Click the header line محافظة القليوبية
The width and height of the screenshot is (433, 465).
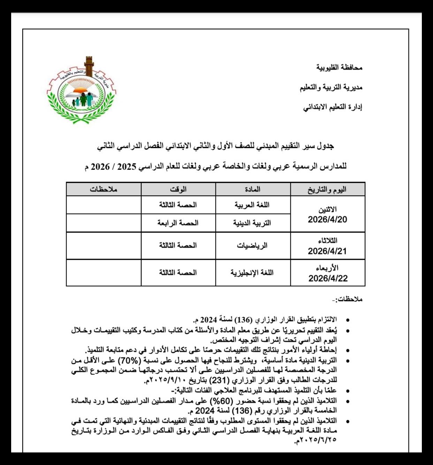339,67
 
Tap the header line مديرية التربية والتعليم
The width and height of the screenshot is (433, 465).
331,87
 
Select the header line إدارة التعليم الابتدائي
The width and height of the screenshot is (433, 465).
333,107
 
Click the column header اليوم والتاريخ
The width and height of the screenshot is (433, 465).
327,190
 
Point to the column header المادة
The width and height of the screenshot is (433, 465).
253,190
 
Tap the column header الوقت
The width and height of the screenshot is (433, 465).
178,190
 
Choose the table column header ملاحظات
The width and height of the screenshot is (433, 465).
104,190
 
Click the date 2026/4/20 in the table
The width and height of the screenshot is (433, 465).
327,220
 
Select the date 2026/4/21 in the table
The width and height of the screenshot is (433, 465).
327,251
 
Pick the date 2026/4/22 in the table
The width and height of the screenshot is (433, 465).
328,278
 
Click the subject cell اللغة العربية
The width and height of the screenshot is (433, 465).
252,205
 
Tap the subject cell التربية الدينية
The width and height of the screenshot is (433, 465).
252,223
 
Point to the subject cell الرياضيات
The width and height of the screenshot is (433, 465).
252,246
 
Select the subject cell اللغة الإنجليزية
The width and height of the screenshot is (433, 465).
252,273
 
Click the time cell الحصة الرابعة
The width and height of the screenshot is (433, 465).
178,223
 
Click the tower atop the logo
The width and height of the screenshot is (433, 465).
89,66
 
